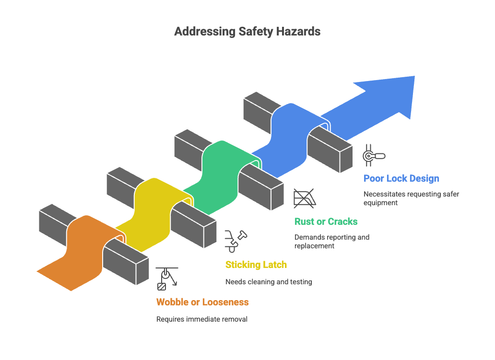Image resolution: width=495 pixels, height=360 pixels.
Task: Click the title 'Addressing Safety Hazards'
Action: point(247,32)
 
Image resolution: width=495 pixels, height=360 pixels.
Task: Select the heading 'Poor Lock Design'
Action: point(401,178)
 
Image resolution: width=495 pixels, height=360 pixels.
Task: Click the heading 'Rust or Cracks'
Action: point(326,221)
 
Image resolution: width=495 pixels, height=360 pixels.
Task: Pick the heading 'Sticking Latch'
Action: point(256,265)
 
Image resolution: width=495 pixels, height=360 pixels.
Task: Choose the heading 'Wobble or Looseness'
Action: point(202,302)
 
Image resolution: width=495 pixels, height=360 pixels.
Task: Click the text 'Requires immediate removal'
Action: point(202,319)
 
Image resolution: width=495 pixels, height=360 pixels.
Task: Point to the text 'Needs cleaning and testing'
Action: point(269,282)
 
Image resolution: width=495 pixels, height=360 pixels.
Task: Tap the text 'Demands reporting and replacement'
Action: point(331,241)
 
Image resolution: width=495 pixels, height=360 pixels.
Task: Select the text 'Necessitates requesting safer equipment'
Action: point(412,198)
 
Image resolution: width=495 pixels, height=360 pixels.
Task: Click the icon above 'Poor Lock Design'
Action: point(374,155)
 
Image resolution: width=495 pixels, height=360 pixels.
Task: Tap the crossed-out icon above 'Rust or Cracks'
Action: point(304,198)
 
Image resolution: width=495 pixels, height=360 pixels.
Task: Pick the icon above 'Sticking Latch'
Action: point(236,241)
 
